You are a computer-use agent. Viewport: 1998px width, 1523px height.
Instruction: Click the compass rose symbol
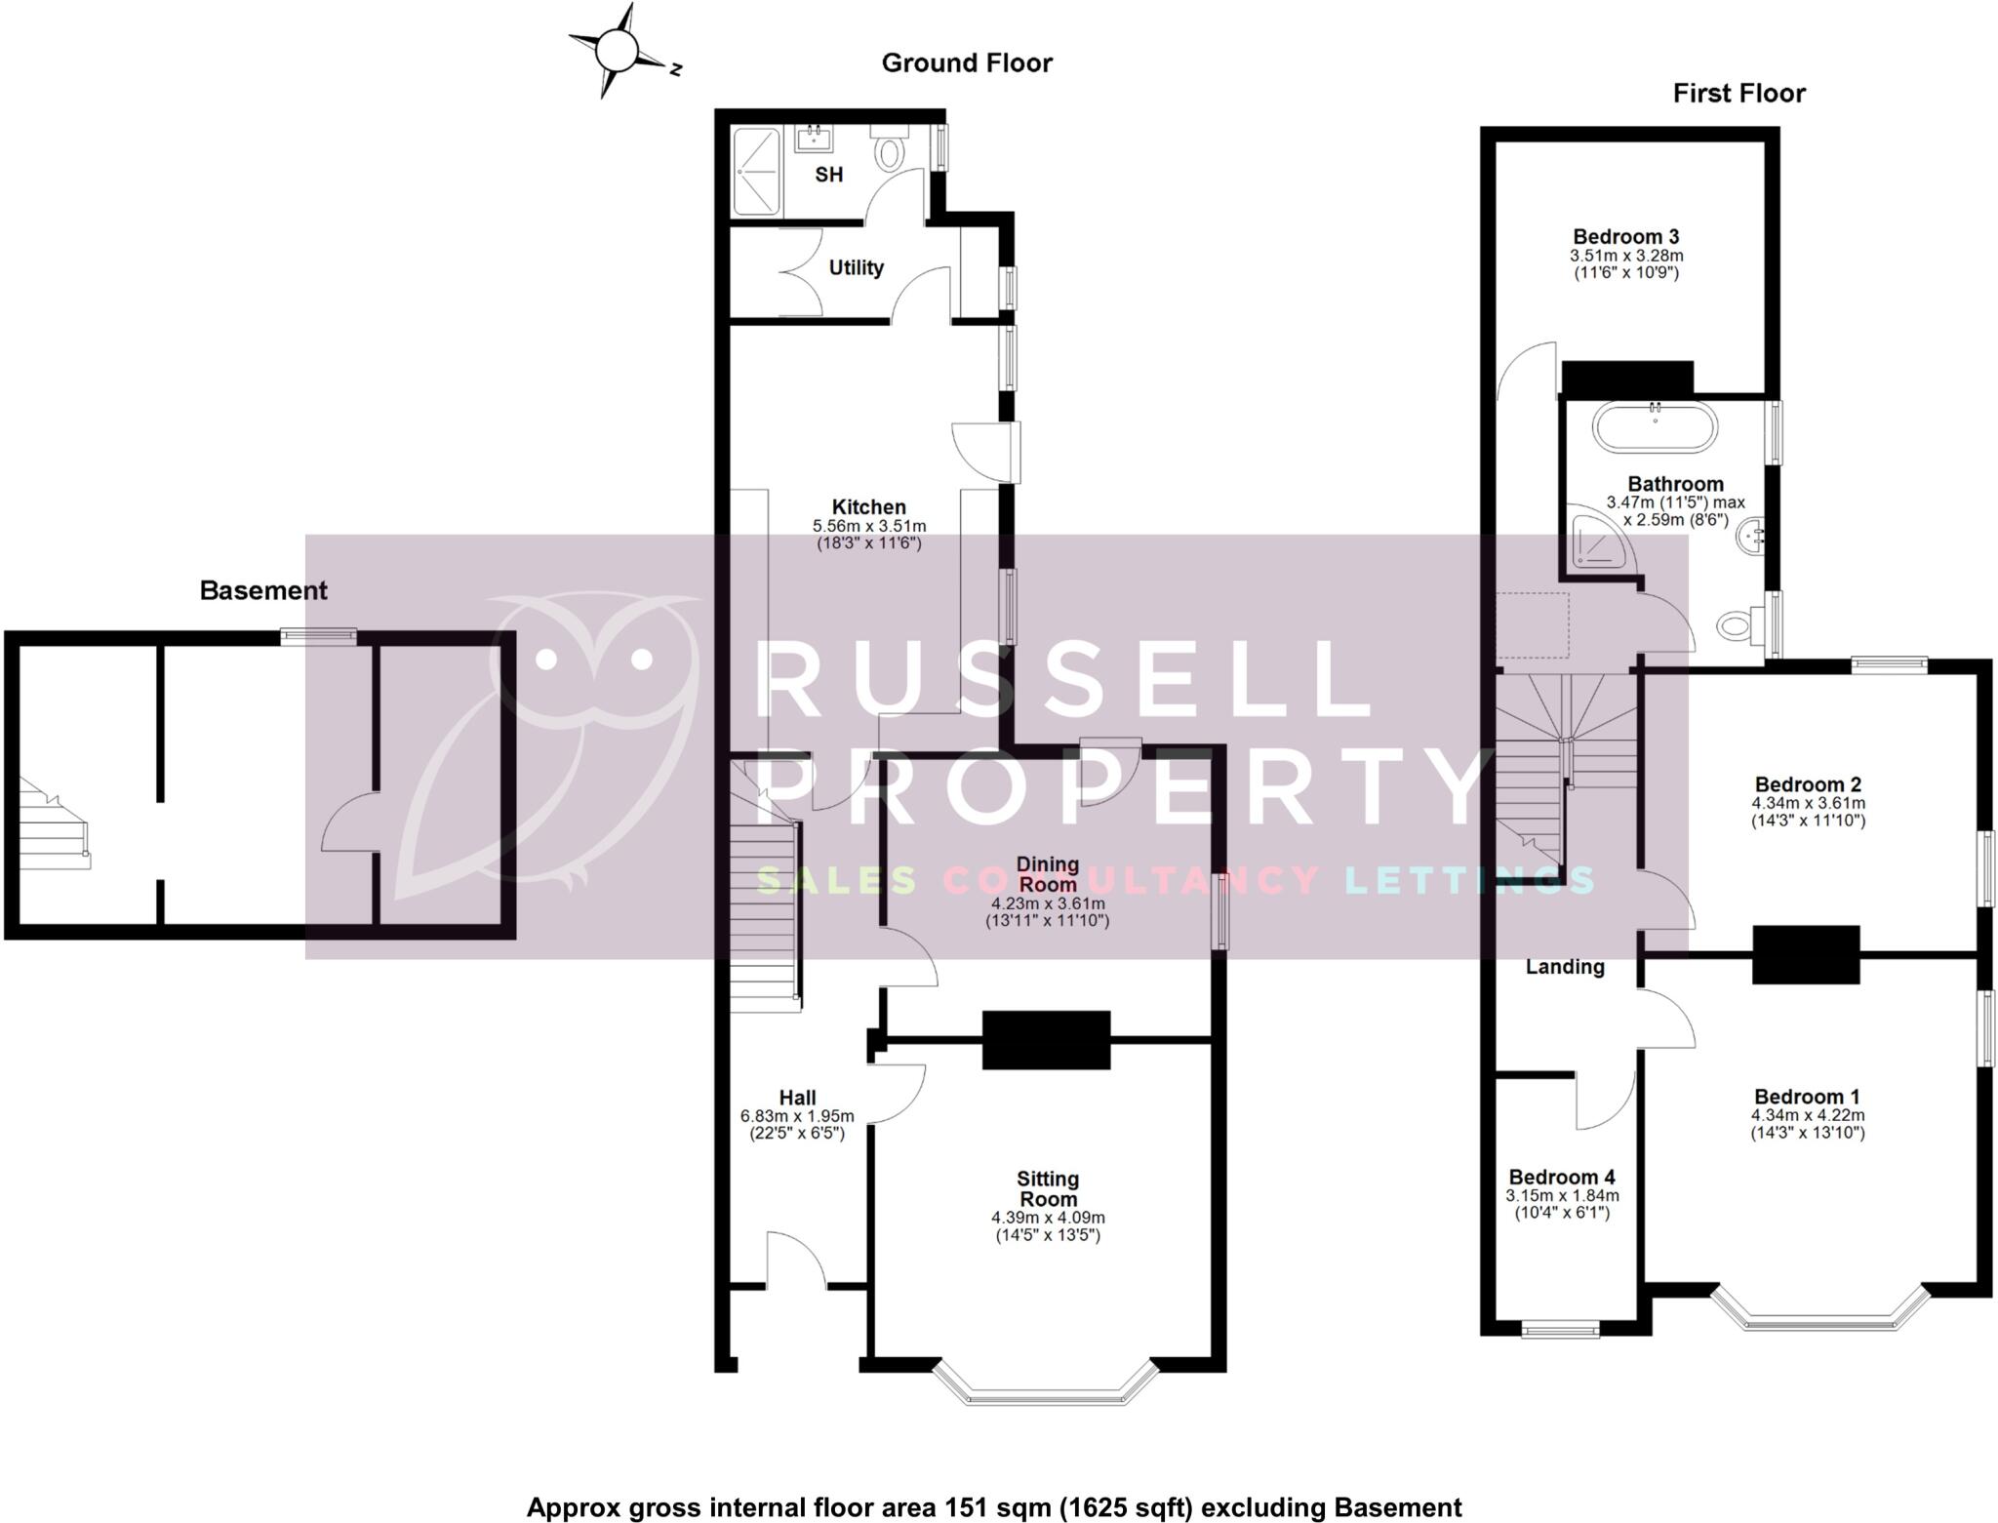pos(617,51)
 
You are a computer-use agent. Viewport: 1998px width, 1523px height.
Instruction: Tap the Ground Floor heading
pos(966,63)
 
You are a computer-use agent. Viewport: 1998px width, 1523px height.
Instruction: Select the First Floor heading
pos(1738,94)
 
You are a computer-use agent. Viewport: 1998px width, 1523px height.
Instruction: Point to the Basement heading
pos(263,590)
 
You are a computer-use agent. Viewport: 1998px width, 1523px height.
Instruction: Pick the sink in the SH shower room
pos(814,140)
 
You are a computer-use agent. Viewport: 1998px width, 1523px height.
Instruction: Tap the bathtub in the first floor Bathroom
pos(1654,426)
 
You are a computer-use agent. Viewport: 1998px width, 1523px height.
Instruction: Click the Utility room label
pos(856,267)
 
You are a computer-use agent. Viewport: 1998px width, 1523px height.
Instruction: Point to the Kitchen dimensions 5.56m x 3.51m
pos(868,526)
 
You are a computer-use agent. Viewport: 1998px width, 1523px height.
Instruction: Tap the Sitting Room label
pos(1048,1188)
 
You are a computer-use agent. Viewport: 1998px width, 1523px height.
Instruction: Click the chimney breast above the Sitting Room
pos(1046,1040)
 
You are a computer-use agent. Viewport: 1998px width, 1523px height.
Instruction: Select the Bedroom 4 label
pos(1562,1177)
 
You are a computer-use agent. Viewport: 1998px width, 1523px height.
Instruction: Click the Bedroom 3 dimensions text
pos(1626,264)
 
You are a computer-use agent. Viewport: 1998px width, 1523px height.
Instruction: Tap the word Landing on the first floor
pos(1565,966)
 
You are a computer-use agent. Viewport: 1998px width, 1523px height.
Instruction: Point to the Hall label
pos(797,1097)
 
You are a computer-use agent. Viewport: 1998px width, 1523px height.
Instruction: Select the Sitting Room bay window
pos(1046,1385)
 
